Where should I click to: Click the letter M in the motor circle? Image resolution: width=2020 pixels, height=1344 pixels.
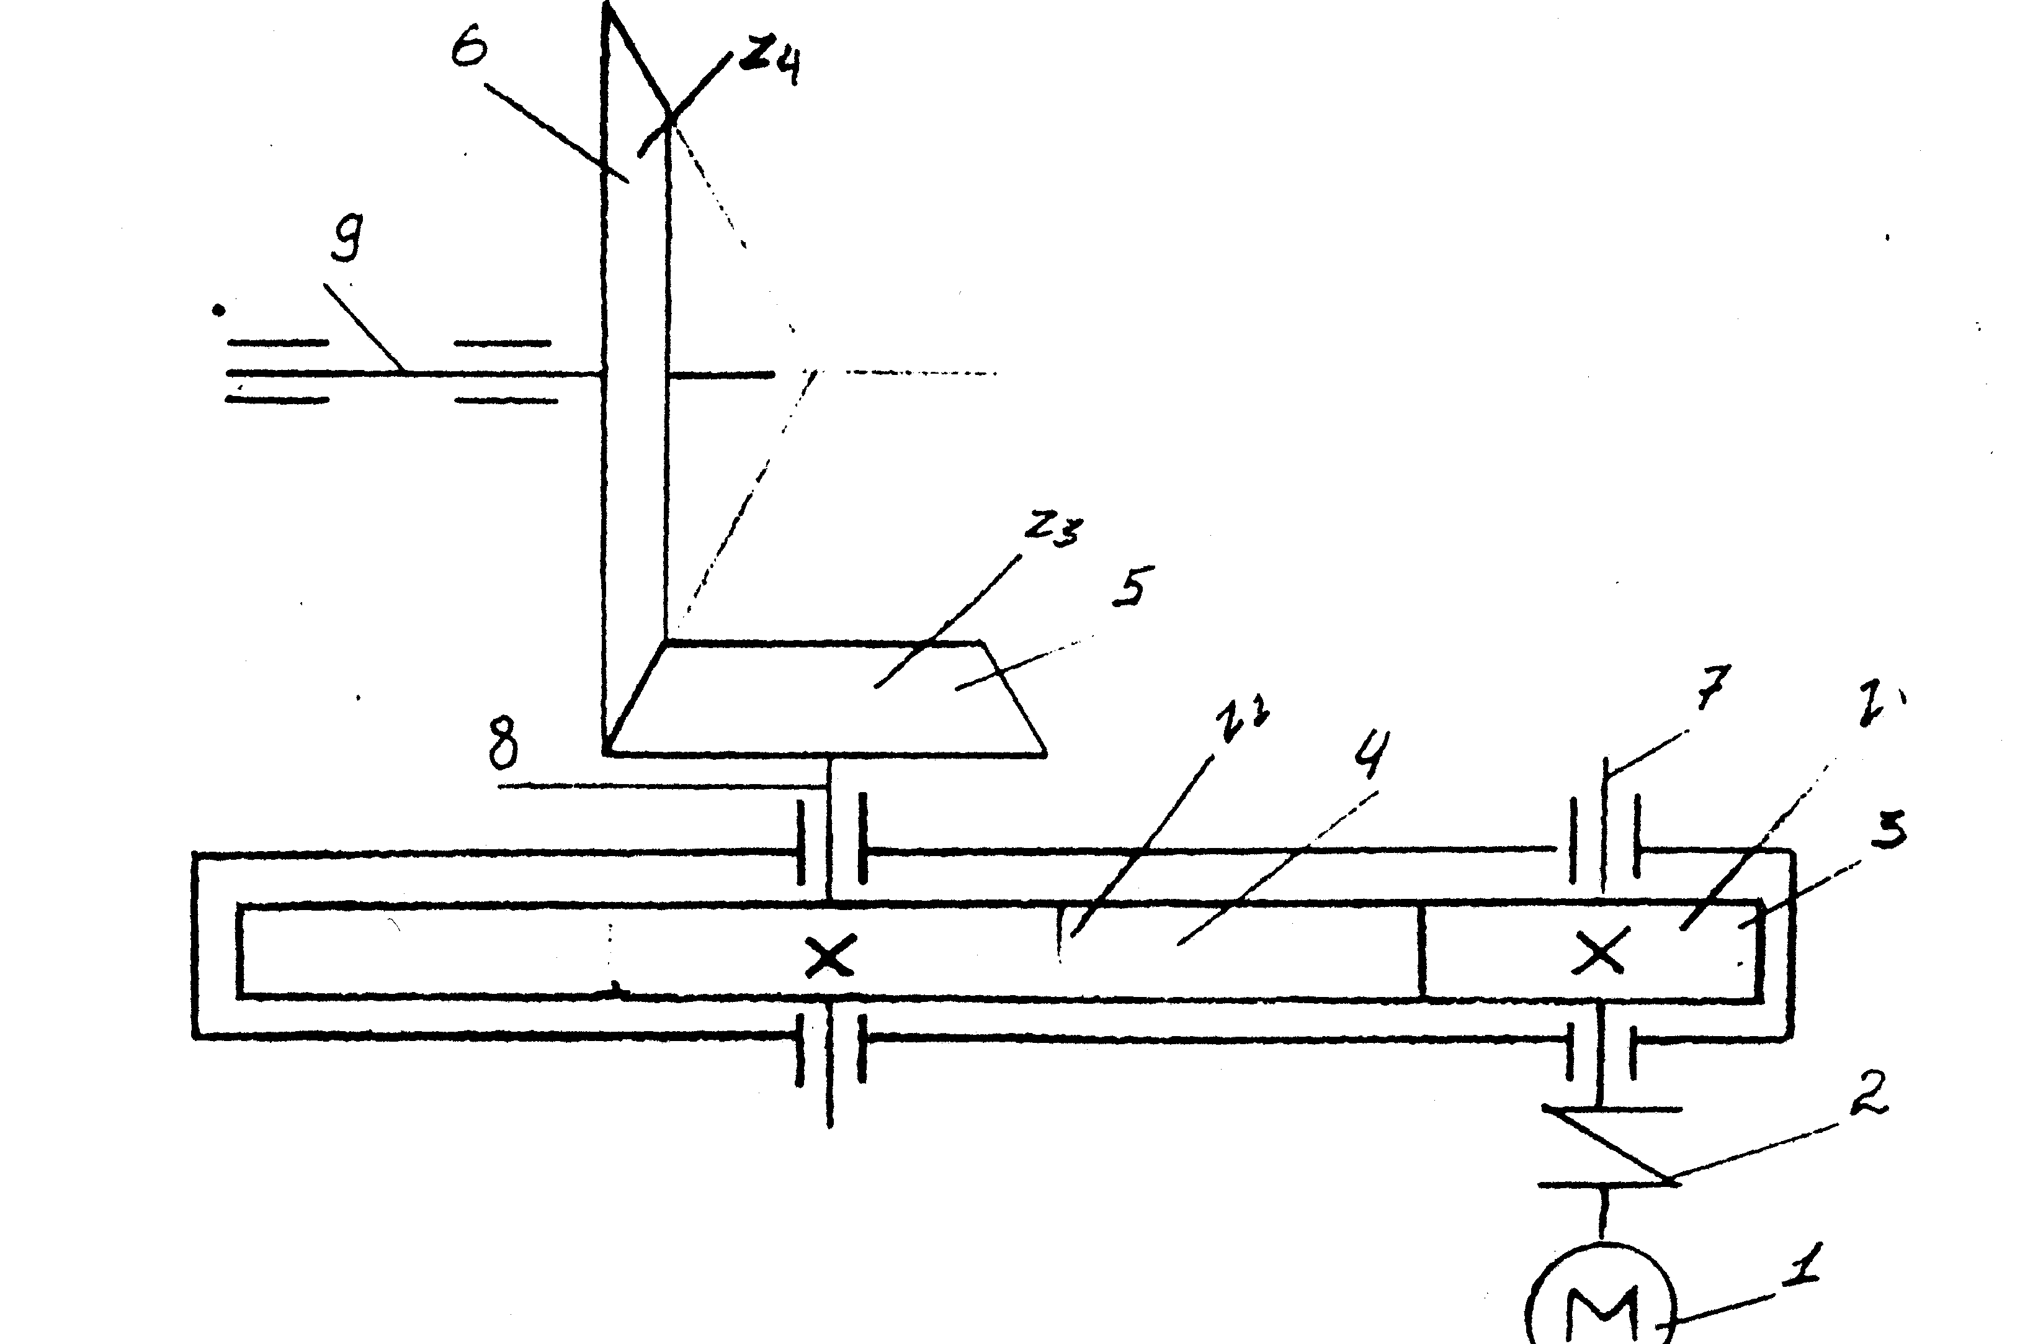click(x=1600, y=1315)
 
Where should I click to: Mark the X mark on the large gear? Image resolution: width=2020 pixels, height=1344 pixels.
click(x=829, y=957)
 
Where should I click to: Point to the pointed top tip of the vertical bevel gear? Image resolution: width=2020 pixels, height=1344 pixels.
click(x=608, y=11)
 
